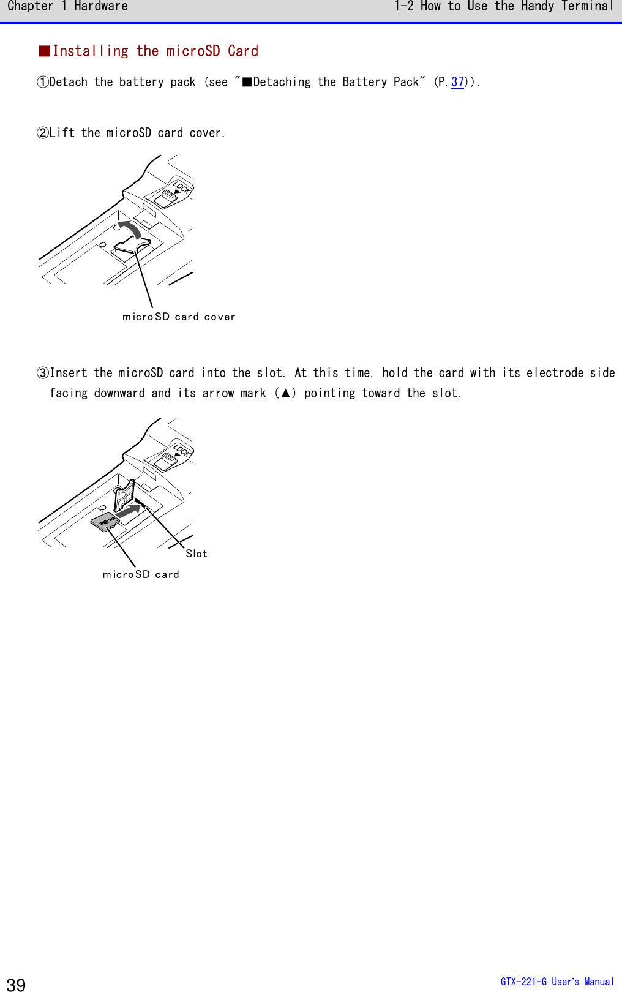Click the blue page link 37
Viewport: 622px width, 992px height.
[457, 82]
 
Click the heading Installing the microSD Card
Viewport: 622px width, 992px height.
[155, 51]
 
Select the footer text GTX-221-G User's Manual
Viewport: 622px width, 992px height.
[556, 982]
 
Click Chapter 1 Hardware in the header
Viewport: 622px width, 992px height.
[67, 7]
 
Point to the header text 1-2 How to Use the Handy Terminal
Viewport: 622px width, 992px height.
[503, 7]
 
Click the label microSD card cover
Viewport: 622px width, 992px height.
[179, 317]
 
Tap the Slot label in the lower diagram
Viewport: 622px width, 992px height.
[197, 554]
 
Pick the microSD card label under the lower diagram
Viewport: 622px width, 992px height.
[141, 574]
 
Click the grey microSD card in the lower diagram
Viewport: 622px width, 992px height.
[105, 522]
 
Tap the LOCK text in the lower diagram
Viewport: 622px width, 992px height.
[181, 451]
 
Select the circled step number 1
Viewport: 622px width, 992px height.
[43, 82]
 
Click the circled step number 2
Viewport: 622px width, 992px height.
[43, 133]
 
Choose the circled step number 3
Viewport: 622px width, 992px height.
[43, 373]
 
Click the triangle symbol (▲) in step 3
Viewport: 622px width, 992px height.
[285, 393]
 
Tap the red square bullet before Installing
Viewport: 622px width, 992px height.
[45, 51]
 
